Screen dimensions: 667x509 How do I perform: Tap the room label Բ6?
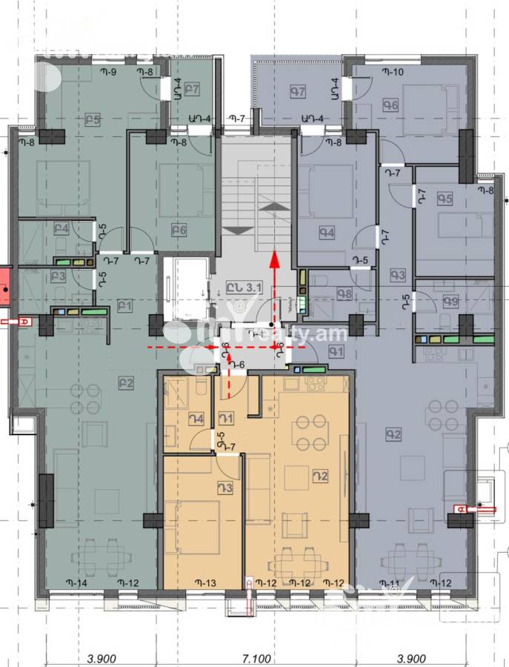[178, 229]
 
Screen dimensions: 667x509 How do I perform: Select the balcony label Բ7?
[193, 90]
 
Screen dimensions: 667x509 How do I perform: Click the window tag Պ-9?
[109, 72]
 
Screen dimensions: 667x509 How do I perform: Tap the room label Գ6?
[391, 106]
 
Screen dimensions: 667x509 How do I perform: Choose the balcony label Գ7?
[298, 92]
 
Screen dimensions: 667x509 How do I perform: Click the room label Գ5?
[445, 199]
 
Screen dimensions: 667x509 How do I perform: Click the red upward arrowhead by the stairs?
[274, 258]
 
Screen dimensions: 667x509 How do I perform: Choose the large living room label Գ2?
[393, 435]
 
